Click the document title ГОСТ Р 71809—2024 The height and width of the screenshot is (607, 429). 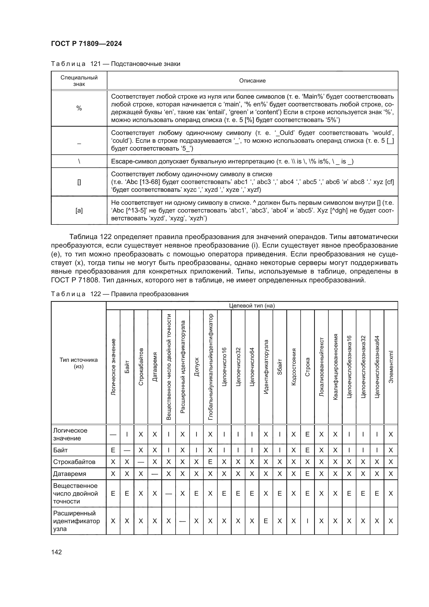(86, 44)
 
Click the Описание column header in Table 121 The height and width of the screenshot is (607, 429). (252, 81)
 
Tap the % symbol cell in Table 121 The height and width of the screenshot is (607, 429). (79, 108)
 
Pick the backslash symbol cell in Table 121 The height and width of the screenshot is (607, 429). (79, 161)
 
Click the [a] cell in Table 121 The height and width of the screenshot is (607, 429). (79, 210)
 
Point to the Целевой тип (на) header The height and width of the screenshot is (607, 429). (252, 306)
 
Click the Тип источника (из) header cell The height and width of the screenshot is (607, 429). (78, 363)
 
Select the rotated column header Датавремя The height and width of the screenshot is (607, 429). (155, 367)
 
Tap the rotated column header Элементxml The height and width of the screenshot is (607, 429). (391, 367)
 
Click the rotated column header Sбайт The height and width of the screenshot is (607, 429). (280, 367)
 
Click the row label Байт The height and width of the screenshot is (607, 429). (60, 450)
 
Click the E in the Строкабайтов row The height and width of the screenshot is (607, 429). (210, 462)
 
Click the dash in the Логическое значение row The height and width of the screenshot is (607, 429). (113, 434)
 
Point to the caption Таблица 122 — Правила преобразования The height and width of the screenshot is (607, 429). (119, 294)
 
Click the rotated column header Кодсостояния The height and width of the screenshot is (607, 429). (294, 367)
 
